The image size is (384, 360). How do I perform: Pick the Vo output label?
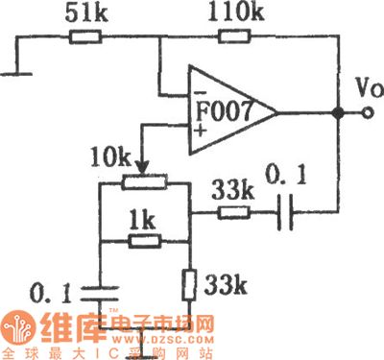pos(360,94)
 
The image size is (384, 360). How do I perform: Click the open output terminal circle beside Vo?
pos(366,113)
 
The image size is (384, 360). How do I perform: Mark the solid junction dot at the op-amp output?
pos(338,113)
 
